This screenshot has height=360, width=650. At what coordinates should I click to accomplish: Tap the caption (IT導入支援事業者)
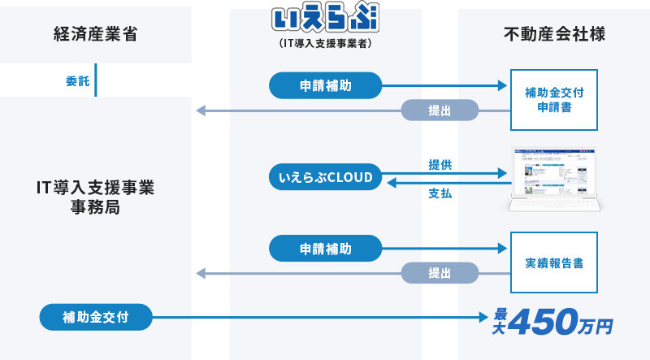click(x=325, y=44)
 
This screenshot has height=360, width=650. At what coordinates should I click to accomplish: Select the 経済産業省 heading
click(x=95, y=34)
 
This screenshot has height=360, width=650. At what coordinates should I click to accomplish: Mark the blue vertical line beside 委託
click(x=96, y=80)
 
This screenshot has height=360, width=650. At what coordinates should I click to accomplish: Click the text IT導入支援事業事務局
click(x=96, y=197)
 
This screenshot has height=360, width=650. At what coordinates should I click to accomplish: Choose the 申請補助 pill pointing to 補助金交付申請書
click(x=325, y=85)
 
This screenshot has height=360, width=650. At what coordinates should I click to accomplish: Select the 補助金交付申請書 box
click(x=554, y=100)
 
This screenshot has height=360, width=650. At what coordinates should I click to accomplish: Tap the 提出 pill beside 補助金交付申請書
click(x=440, y=111)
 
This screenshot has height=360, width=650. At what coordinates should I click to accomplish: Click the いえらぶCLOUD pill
click(x=325, y=177)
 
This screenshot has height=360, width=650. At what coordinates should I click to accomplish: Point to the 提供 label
click(x=440, y=164)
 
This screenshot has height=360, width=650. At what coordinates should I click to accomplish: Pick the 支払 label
click(x=440, y=193)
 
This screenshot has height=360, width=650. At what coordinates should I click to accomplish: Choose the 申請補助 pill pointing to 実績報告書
click(x=325, y=248)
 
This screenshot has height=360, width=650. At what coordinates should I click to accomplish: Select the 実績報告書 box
click(x=554, y=263)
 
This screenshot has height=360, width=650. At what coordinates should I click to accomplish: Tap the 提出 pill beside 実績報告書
click(x=440, y=274)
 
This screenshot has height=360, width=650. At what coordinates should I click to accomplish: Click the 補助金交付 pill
click(x=96, y=316)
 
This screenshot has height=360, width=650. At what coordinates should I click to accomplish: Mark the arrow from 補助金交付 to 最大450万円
click(x=325, y=317)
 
